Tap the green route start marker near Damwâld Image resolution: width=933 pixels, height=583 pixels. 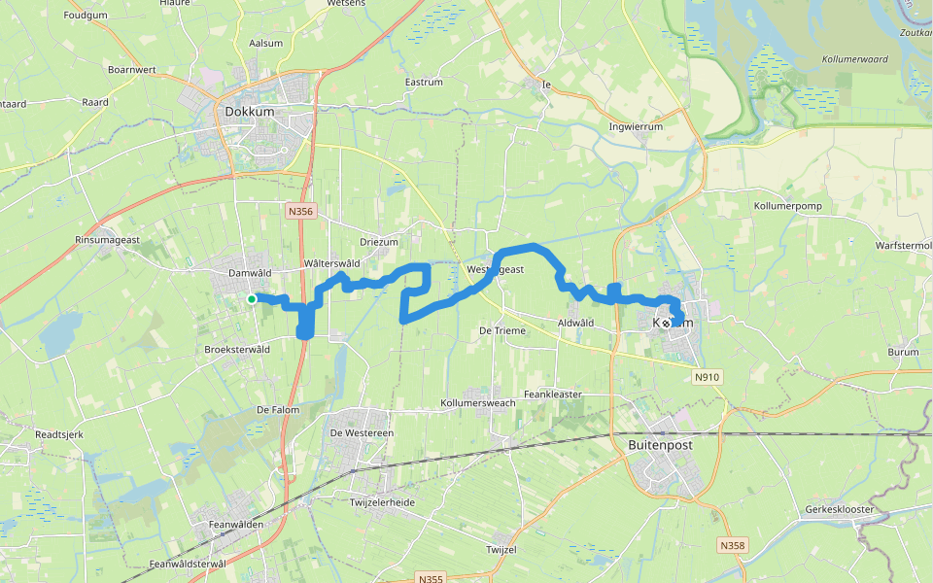pos(252,299)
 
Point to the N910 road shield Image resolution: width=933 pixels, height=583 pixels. pos(707,376)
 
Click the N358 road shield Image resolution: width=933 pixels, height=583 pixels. pos(733,546)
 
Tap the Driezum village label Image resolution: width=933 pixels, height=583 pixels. pos(379,242)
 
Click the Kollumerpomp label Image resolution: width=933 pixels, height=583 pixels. pos(788,207)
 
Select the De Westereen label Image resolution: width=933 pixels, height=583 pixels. pos(361,432)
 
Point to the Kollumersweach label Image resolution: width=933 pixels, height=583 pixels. pos(477,402)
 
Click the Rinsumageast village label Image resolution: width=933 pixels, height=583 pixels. pos(108,239)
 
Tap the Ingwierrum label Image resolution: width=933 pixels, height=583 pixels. pos(635,126)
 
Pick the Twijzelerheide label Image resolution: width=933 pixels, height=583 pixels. pos(382,502)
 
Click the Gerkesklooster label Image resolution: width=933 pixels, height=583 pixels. pos(841,509)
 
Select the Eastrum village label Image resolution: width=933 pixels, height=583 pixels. pos(424,83)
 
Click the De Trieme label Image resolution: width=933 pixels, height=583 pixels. pos(502,331)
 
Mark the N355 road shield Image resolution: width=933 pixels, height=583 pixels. pos(431,578)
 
